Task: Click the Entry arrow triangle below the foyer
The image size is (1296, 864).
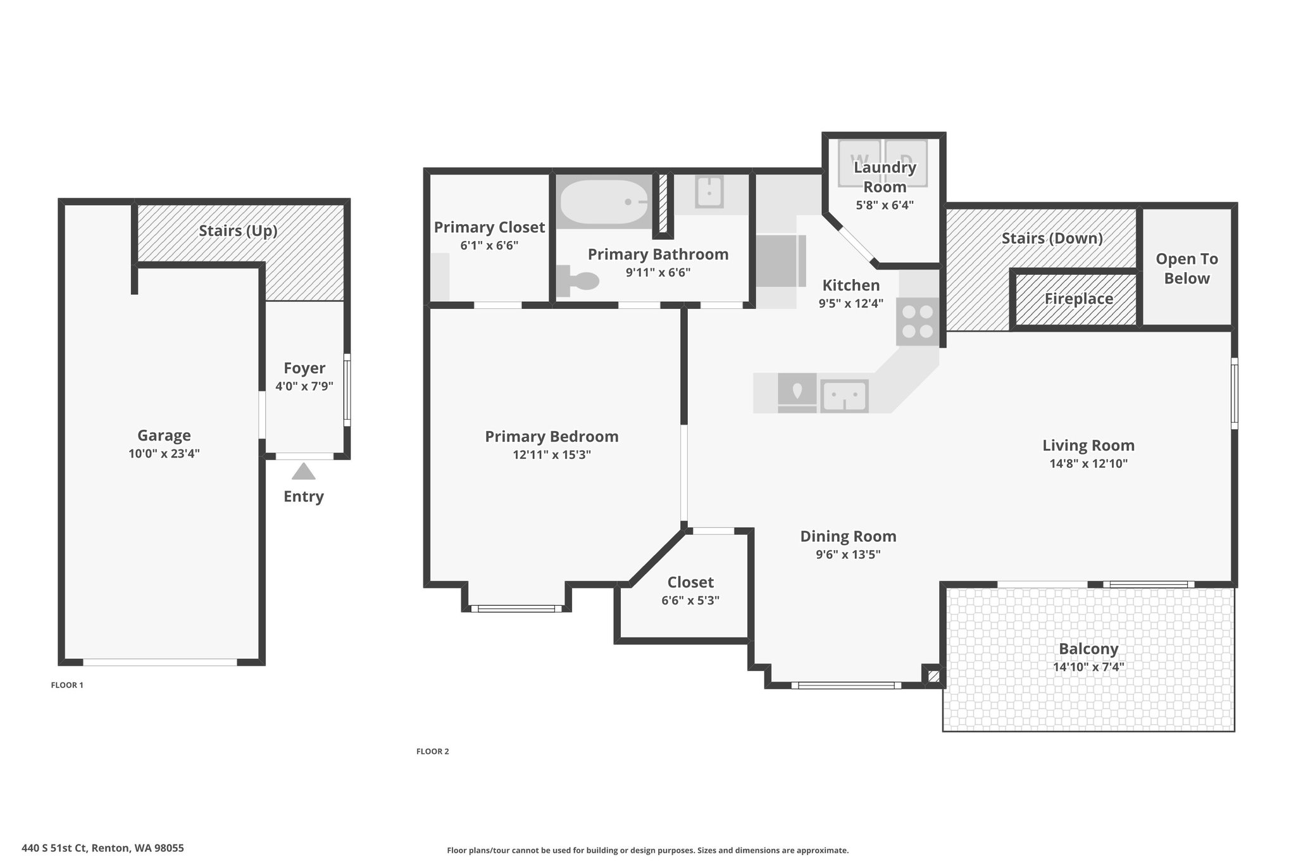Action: (304, 472)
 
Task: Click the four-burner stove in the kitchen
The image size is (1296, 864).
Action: (918, 322)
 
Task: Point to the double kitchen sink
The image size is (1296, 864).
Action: (844, 396)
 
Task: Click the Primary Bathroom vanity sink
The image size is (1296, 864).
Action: (709, 192)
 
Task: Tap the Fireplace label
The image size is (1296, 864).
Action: (1078, 299)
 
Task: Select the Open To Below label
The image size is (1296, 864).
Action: (1187, 268)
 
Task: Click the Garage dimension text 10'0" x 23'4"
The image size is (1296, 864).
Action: (164, 453)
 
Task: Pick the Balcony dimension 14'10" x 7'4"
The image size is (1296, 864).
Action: (1088, 667)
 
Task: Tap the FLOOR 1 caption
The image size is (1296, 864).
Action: (67, 685)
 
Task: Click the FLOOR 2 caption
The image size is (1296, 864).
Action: (433, 751)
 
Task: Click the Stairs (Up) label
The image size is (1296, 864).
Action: (239, 230)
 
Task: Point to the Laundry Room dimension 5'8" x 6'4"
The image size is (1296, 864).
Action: (885, 205)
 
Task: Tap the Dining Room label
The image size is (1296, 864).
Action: (848, 536)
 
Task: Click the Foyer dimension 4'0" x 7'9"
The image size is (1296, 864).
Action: (304, 386)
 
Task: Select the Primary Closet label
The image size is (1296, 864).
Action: (489, 227)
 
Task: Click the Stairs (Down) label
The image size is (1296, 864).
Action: (1052, 238)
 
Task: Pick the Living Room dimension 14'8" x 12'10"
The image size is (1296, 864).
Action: (1088, 463)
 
